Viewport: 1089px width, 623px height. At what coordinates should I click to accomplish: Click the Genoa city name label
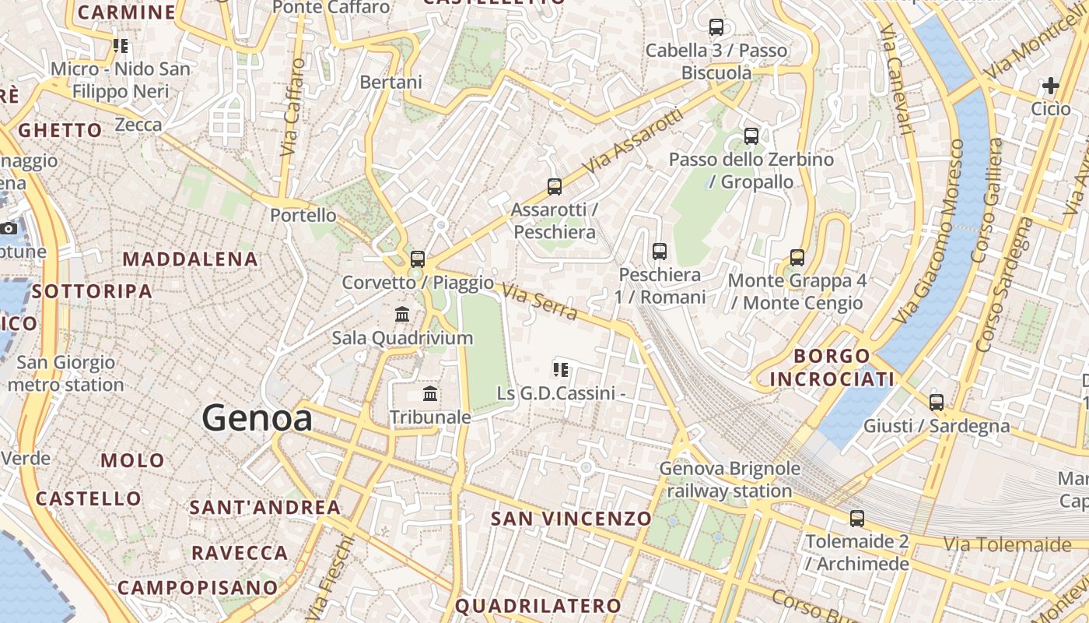point(257,419)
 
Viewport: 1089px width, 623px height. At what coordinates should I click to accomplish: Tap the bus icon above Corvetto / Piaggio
point(418,259)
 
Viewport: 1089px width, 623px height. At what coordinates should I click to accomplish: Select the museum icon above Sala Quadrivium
point(402,315)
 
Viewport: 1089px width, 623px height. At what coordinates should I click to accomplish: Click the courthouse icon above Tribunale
point(429,394)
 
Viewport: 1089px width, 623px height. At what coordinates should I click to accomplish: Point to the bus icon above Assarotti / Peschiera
point(554,187)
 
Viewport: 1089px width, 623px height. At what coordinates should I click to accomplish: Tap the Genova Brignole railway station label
point(730,480)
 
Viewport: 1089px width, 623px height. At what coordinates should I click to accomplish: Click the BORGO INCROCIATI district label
point(832,368)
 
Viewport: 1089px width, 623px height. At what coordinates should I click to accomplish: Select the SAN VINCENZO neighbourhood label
point(571,519)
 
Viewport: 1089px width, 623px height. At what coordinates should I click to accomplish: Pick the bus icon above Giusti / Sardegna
point(937,403)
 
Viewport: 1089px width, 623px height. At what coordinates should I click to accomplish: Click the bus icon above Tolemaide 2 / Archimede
point(857,519)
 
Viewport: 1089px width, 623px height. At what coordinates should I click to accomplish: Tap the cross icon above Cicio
point(1051,85)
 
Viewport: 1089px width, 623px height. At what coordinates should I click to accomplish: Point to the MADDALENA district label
point(190,259)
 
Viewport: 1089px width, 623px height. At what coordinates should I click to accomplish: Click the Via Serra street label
point(539,302)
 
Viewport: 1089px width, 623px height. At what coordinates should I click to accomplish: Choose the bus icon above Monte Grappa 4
point(797,258)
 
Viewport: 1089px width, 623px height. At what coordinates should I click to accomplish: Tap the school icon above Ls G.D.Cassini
point(560,370)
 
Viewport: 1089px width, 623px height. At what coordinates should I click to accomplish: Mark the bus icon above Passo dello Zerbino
point(751,136)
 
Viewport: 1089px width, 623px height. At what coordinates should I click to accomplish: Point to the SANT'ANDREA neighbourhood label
point(265,508)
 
